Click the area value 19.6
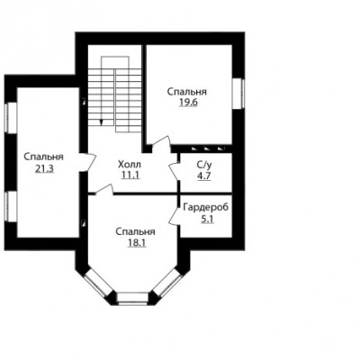188,103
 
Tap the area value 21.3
44,169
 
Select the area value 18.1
137,243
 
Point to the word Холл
130,164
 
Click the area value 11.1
130,175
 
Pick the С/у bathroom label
204,164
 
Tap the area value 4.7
204,175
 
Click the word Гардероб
206,207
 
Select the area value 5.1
207,220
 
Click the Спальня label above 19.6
187,91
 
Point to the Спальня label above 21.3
43,157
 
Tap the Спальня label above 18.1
135,231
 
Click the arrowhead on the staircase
102,121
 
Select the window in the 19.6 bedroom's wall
238,94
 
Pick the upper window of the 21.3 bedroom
11,117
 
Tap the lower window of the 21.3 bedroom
11,206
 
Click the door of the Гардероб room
175,215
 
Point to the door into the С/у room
175,171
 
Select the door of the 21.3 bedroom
88,163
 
